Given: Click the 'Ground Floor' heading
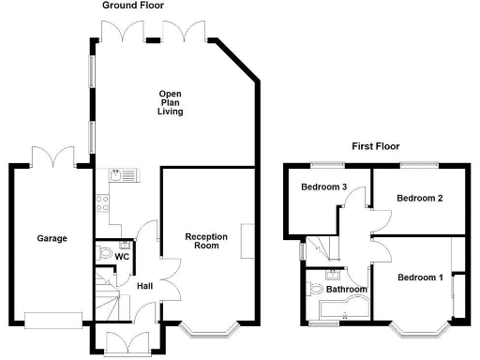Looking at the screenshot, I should pyautogui.click(x=133, y=6).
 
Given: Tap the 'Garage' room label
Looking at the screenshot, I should pyautogui.click(x=52, y=239).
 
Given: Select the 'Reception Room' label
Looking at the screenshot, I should pyautogui.click(x=202, y=241).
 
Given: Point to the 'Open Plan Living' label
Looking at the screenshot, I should pyautogui.click(x=170, y=102).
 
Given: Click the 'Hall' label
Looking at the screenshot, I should pyautogui.click(x=146, y=286).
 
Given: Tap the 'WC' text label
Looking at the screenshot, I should pyautogui.click(x=122, y=255).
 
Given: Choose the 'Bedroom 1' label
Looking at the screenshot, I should pyautogui.click(x=419, y=277).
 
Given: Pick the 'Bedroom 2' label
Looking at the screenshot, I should pyautogui.click(x=419, y=198).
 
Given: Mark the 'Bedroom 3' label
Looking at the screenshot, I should pyautogui.click(x=324, y=187).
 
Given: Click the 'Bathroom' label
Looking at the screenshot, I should pyautogui.click(x=346, y=290).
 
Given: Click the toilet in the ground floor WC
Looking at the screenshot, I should pyautogui.click(x=105, y=252).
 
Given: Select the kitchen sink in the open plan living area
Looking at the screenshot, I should pyautogui.click(x=122, y=174).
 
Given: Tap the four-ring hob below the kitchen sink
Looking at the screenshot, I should pyautogui.click(x=102, y=199).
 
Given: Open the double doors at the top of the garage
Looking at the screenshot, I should pyautogui.click(x=51, y=156).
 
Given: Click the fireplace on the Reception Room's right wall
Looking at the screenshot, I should pyautogui.click(x=247, y=240).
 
